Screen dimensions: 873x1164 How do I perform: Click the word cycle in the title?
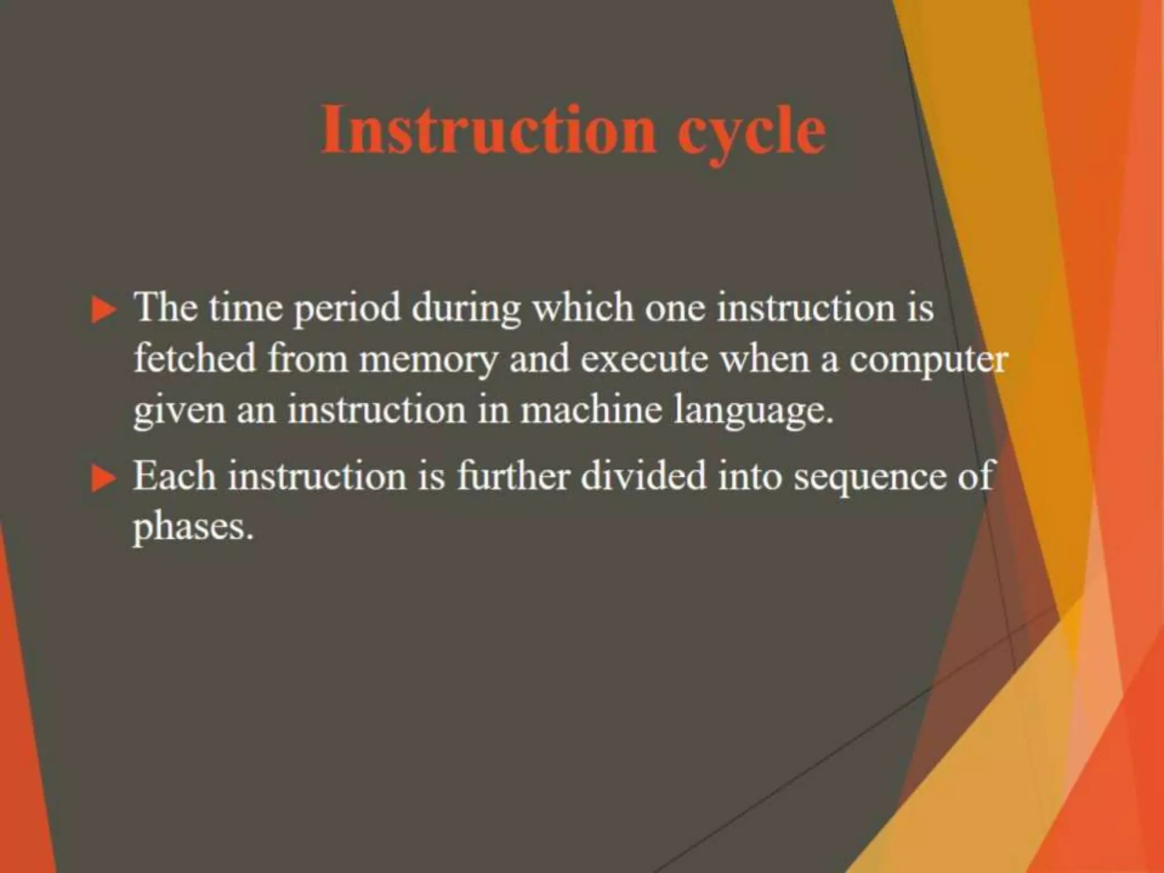click(x=751, y=132)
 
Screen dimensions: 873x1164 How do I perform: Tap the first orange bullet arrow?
click(x=103, y=311)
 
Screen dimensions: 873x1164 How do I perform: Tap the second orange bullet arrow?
click(x=103, y=479)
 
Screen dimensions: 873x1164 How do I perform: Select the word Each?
click(x=174, y=476)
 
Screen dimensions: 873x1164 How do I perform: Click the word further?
click(x=512, y=476)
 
